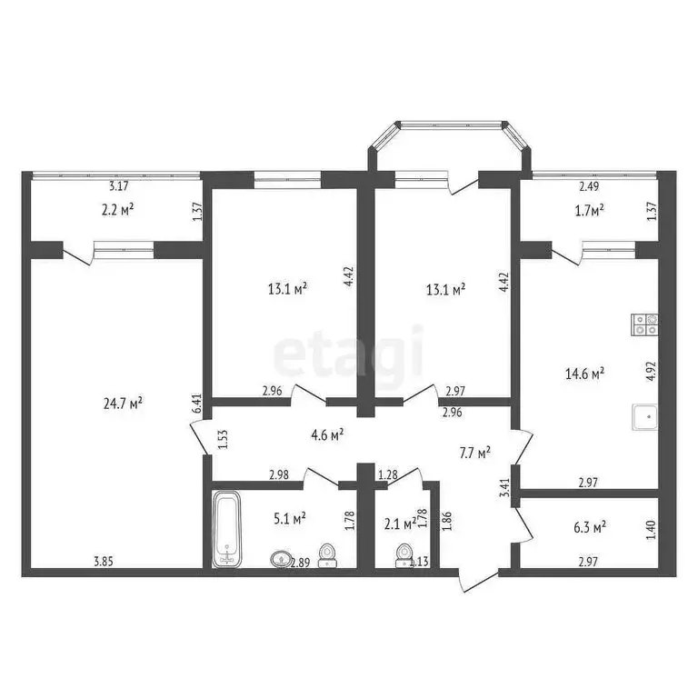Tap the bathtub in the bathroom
[x=226, y=529]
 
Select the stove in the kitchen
[x=644, y=324]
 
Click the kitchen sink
[x=644, y=416]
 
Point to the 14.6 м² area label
[x=586, y=372]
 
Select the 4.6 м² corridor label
[x=324, y=434]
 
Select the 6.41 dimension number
[x=196, y=404]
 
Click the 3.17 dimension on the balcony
[x=118, y=186]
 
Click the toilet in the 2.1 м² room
[x=403, y=555]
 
